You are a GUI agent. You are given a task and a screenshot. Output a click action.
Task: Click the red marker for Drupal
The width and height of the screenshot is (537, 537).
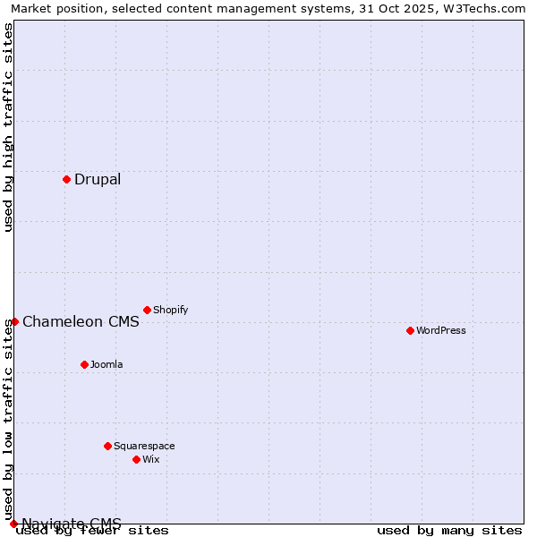tap(66, 179)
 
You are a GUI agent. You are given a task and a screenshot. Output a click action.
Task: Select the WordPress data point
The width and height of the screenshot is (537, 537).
tap(410, 330)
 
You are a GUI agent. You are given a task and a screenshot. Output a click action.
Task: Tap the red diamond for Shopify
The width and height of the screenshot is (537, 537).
tap(147, 310)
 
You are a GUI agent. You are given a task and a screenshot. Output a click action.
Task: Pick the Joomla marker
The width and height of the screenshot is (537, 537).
tap(84, 364)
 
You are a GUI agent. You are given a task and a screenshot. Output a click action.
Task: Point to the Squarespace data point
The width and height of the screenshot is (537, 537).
tap(107, 446)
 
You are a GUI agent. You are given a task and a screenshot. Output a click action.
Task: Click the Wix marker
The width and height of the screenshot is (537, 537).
tap(136, 459)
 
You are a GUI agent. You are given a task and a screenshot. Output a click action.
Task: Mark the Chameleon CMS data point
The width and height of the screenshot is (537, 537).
tap(14, 321)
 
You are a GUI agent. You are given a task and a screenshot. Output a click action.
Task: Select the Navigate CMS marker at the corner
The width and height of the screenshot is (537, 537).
tap(13, 524)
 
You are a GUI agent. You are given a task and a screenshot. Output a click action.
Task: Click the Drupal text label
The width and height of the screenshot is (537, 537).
tap(98, 179)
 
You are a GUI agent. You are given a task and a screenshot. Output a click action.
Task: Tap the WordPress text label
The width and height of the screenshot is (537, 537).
tap(441, 330)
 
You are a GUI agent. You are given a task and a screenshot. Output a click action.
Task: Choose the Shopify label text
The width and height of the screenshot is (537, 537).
tap(170, 310)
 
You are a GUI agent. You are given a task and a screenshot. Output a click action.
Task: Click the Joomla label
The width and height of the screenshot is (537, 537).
tap(107, 364)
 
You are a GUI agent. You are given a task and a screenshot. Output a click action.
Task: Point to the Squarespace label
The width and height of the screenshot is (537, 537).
tap(144, 446)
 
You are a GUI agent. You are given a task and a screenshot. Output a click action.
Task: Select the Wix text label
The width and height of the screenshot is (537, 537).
tap(150, 459)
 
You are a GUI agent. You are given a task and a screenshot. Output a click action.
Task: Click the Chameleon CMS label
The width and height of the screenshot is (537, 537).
tap(81, 322)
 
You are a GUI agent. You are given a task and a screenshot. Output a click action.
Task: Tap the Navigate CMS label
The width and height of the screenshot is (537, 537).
tap(72, 524)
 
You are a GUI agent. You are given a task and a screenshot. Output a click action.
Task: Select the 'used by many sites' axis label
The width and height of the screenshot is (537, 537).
tap(449, 531)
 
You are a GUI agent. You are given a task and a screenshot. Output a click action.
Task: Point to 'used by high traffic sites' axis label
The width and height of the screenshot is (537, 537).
tap(8, 127)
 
